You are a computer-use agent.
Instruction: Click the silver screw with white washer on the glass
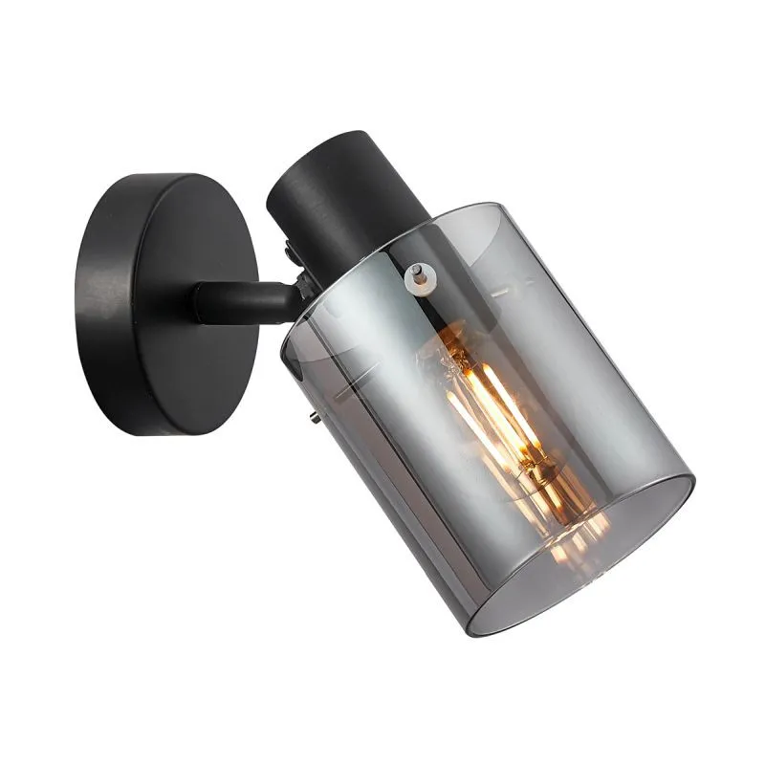pos(417,274)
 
